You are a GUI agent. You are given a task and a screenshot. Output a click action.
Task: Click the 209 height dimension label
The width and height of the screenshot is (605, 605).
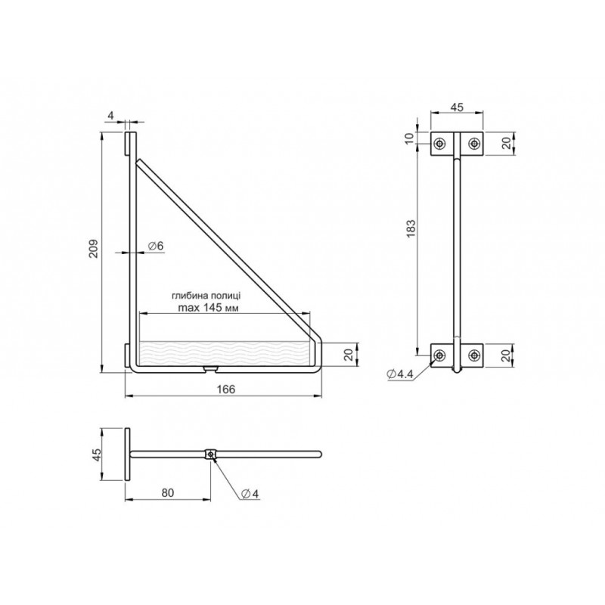(94, 249)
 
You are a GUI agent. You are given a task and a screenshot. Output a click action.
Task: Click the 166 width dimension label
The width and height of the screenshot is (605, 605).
(225, 389)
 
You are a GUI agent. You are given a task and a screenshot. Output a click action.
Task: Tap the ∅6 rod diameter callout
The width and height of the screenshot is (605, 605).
(156, 246)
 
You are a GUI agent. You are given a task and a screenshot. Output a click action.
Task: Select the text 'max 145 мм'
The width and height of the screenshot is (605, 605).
(209, 308)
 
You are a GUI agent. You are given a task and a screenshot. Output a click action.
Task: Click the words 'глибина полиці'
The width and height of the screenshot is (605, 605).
(206, 296)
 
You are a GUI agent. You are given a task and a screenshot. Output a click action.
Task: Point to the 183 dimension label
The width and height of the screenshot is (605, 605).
(411, 228)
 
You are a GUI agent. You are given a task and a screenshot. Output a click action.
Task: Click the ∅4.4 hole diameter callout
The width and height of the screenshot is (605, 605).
(399, 374)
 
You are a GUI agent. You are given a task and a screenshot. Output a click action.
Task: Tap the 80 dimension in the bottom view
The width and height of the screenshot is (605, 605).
(167, 493)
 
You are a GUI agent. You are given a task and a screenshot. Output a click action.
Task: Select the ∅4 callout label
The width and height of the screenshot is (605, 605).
(250, 494)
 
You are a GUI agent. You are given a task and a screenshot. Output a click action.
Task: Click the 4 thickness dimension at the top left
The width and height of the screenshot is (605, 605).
(111, 116)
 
